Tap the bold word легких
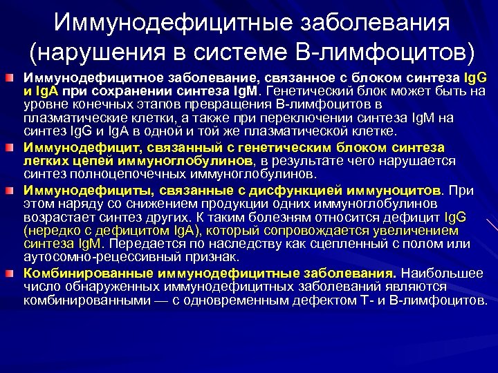[x=42, y=160]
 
